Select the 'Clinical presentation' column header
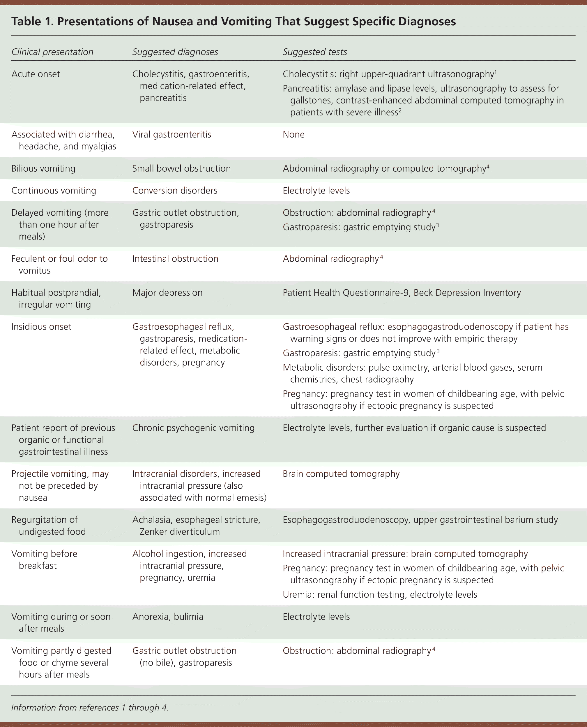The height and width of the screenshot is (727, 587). coord(52,52)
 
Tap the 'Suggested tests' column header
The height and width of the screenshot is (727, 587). coord(314,52)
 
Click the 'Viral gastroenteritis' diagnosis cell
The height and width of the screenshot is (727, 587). coord(171,134)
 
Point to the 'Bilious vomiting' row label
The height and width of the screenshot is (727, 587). coord(43,168)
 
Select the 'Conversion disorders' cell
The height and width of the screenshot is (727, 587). coord(174,191)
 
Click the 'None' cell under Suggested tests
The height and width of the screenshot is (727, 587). coord(293,134)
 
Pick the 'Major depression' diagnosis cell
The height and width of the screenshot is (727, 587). coord(167,292)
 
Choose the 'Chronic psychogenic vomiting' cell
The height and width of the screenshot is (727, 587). coord(193,428)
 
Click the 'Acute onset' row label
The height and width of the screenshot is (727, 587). coord(36,74)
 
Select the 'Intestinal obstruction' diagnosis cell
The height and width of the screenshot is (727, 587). coord(175,258)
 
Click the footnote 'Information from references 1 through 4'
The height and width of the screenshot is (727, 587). coord(90,707)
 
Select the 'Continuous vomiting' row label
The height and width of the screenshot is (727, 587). coord(53,191)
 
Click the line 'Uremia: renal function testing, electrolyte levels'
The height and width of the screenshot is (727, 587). coord(379,594)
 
